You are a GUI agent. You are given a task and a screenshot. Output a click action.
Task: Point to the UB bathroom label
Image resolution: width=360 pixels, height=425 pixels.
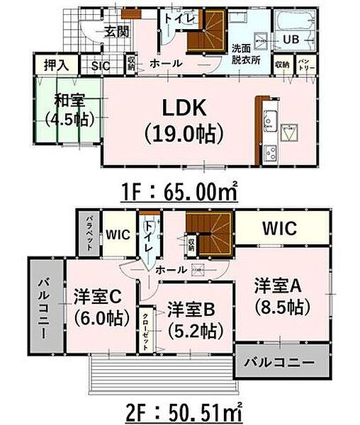pyautogui.click(x=291, y=38)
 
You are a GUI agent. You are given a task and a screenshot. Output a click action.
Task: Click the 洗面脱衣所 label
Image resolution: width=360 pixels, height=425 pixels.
pyautogui.click(x=246, y=55)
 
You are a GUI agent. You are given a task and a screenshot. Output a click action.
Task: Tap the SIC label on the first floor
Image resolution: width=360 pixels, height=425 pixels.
pyautogui.click(x=100, y=67)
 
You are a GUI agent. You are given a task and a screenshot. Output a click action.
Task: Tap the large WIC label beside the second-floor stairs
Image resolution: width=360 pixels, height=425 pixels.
pyautogui.click(x=282, y=229)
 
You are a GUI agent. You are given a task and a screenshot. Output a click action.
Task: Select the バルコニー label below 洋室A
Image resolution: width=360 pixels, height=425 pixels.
pyautogui.click(x=281, y=363)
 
